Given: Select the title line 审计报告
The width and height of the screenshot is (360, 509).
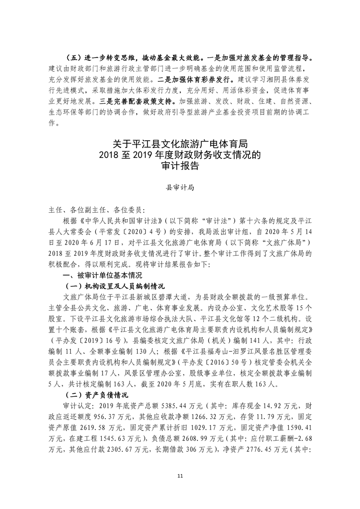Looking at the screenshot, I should click(x=180, y=166).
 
